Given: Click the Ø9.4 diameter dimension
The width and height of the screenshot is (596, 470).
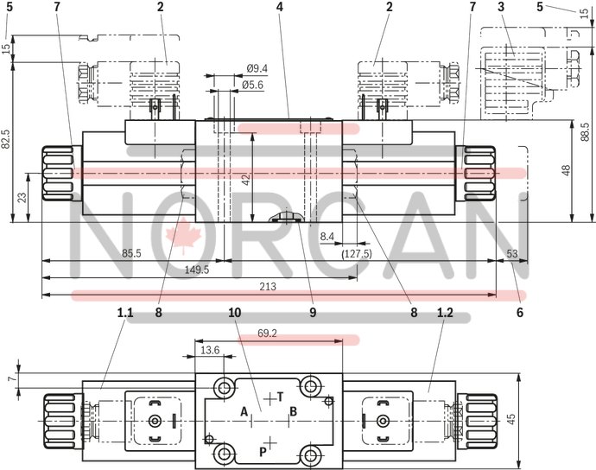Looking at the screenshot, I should (x=257, y=68).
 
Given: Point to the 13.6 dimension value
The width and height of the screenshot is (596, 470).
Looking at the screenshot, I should (x=210, y=350).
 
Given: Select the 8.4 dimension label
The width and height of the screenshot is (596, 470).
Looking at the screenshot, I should (x=327, y=235).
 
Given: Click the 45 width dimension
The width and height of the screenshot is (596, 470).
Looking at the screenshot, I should (x=510, y=419).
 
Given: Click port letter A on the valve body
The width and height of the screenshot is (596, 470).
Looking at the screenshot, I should (x=244, y=410).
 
